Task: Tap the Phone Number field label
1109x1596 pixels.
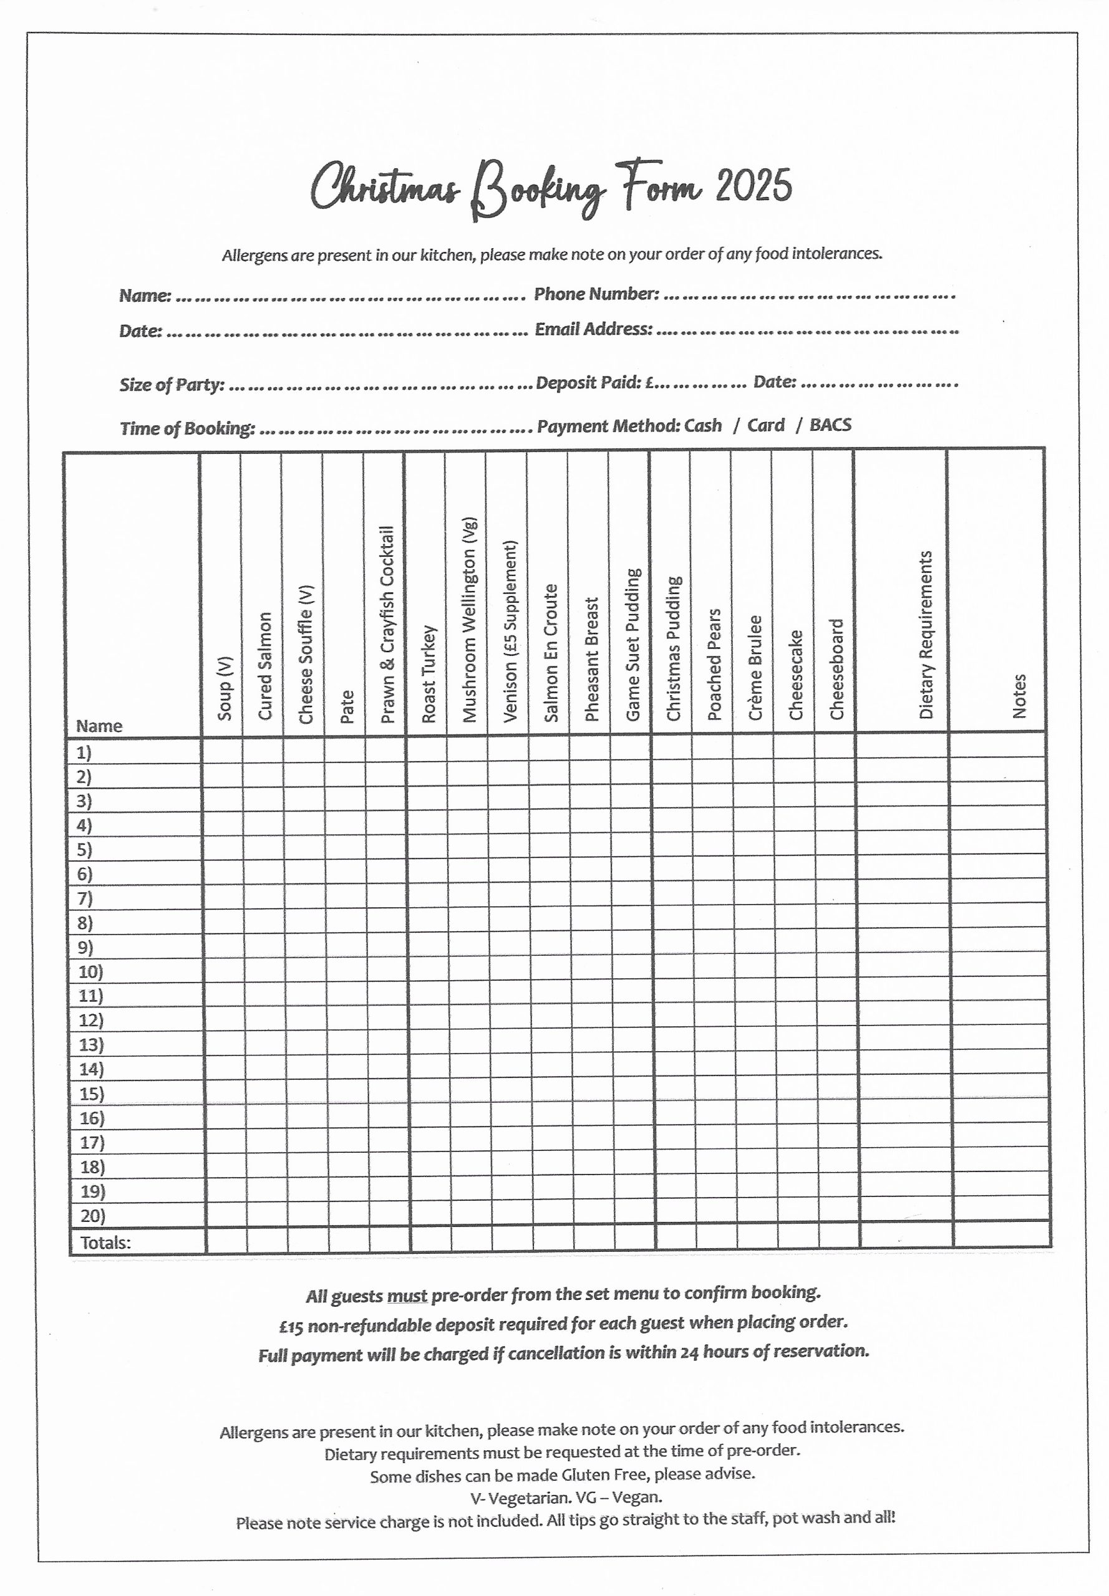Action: pos(596,294)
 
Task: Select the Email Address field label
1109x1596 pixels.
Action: pos(593,329)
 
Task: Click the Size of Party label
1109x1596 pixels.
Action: pos(172,385)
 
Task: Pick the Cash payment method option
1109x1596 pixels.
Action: pos(702,426)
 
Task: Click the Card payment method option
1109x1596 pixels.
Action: pos(765,425)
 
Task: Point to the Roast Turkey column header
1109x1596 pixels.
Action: pos(429,674)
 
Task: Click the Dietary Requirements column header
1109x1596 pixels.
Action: pos(926,635)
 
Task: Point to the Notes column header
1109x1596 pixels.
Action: pos(1019,696)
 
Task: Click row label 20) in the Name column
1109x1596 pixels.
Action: pos(92,1216)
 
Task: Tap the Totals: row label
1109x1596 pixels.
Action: pos(105,1243)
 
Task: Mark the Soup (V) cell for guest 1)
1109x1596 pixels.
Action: pos(222,751)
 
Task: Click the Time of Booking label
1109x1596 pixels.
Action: pos(188,428)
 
